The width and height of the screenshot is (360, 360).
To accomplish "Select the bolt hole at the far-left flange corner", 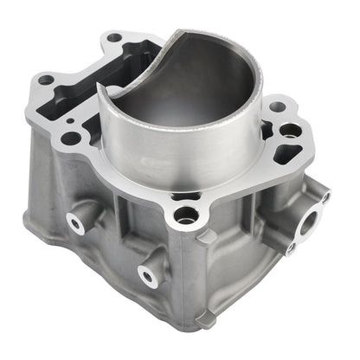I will tap(46, 80).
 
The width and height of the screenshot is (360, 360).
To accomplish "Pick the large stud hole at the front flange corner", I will tap(184, 215).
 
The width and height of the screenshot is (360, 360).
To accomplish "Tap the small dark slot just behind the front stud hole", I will tap(181, 197).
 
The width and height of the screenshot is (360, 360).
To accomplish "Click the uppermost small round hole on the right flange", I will tap(276, 107).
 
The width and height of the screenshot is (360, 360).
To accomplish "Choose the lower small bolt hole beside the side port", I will tap(290, 248).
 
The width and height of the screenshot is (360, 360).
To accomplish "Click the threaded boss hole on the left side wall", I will tap(76, 224).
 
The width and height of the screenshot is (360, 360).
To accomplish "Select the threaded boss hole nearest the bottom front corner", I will tap(149, 276).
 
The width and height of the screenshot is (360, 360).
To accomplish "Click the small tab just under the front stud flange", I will tap(206, 236).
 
